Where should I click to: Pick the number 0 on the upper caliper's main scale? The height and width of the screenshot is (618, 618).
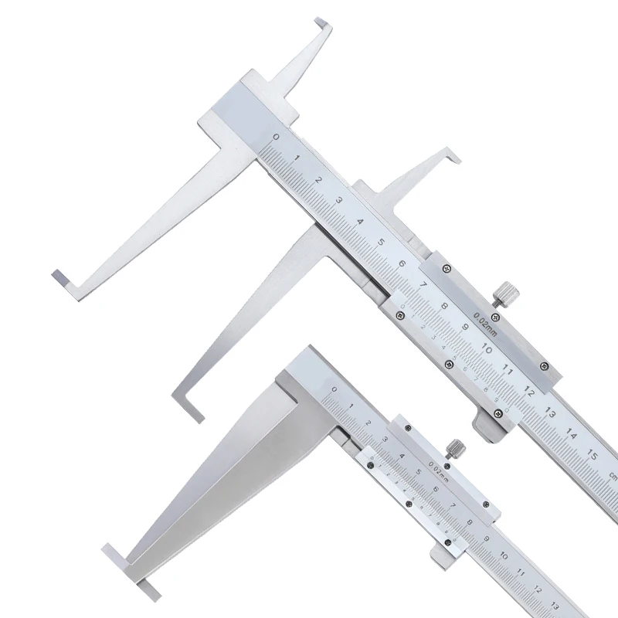[x=276, y=137]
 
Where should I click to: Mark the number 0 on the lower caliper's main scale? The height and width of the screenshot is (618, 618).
[x=334, y=391]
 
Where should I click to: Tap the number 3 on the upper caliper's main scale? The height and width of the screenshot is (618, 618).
[x=339, y=200]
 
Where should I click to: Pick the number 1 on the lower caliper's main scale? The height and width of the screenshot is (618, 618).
[x=351, y=406]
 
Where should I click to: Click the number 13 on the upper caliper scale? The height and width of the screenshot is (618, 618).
[x=549, y=413]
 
